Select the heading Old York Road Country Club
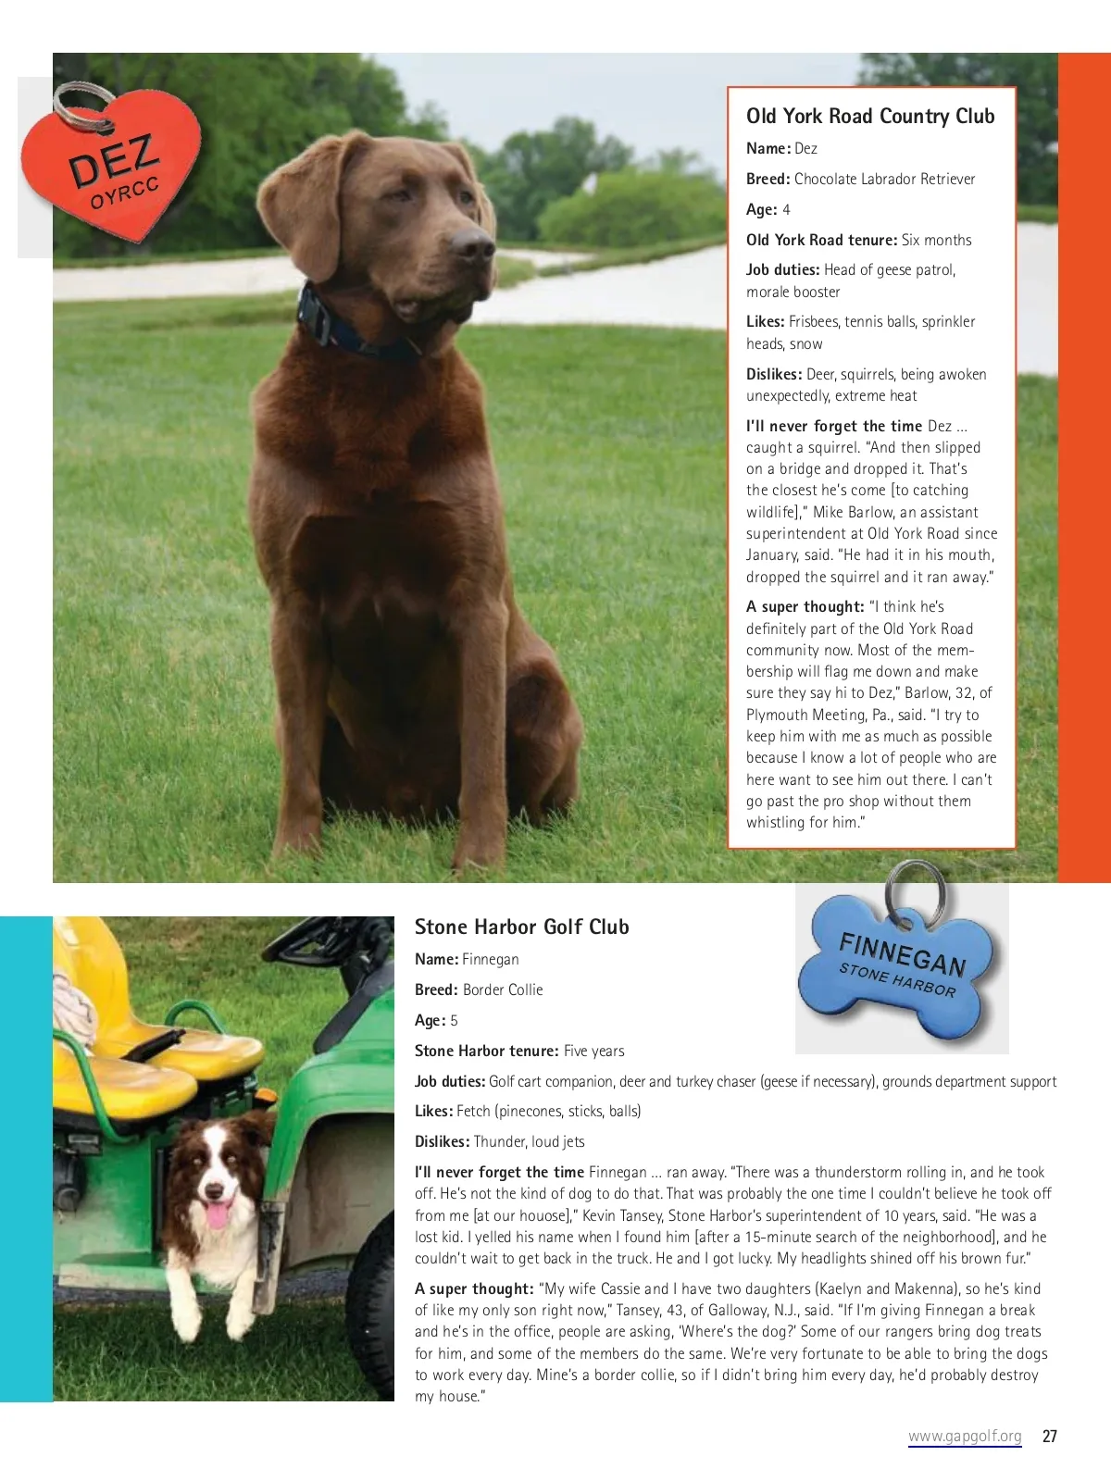coord(870,117)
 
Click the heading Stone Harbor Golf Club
coord(521,927)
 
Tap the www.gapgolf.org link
coord(965,1437)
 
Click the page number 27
coord(1050,1437)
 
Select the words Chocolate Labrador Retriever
coord(884,179)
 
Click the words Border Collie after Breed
coord(503,989)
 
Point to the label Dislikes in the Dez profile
coord(774,374)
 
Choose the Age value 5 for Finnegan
coord(454,1020)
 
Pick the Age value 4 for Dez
coord(786,209)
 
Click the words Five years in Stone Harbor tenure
coord(593,1051)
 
